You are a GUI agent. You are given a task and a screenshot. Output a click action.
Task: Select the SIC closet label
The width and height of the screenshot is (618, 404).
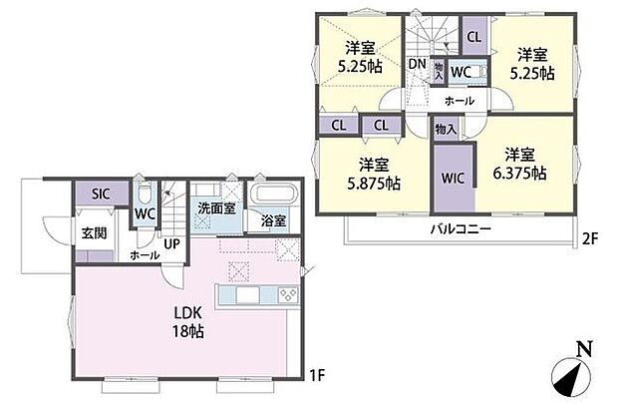pyautogui.click(x=101, y=195)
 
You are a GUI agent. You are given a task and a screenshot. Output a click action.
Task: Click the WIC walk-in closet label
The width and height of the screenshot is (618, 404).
pyautogui.click(x=454, y=177)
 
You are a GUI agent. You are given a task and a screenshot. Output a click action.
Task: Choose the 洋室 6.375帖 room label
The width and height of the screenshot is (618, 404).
pyautogui.click(x=524, y=164)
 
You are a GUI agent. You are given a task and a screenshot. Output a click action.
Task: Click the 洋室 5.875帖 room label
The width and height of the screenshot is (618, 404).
pyautogui.click(x=373, y=174)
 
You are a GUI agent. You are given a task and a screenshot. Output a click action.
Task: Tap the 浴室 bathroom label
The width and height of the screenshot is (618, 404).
pyautogui.click(x=274, y=221)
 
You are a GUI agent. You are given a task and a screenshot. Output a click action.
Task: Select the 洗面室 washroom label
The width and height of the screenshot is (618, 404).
pyautogui.click(x=215, y=209)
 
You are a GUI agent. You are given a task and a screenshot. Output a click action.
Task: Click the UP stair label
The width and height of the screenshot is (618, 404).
pyautogui.click(x=172, y=242)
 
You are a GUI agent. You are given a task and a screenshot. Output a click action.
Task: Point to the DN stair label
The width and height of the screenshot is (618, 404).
pyautogui.click(x=418, y=64)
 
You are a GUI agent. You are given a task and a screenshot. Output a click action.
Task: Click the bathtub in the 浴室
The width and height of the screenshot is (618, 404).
pyautogui.click(x=273, y=196)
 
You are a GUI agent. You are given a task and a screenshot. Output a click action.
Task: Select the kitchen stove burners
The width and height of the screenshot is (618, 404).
pyautogui.click(x=288, y=293)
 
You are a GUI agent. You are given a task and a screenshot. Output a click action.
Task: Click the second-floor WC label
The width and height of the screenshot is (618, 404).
pyautogui.click(x=461, y=72)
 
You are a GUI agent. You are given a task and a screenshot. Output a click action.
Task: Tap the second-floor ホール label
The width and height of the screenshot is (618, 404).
pyautogui.click(x=459, y=101)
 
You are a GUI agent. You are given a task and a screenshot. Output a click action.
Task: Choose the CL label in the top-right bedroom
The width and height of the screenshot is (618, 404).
pyautogui.click(x=473, y=36)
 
